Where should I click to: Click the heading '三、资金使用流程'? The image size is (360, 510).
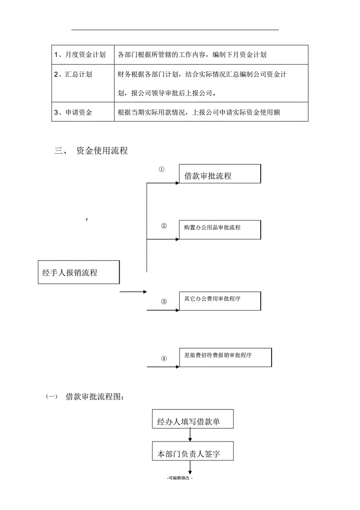tap(91, 151)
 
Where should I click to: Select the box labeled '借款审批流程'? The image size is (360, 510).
tap(220, 174)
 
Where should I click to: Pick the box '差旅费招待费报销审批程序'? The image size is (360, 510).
tap(225, 357)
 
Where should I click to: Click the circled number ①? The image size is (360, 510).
tap(161, 170)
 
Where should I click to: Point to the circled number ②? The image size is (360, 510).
tap(164, 226)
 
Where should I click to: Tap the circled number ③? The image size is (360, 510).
tap(164, 301)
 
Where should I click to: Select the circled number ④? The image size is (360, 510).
tap(164, 358)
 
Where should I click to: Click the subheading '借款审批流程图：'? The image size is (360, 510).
tap(95, 397)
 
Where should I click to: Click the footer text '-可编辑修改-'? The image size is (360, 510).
tap(180, 478)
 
